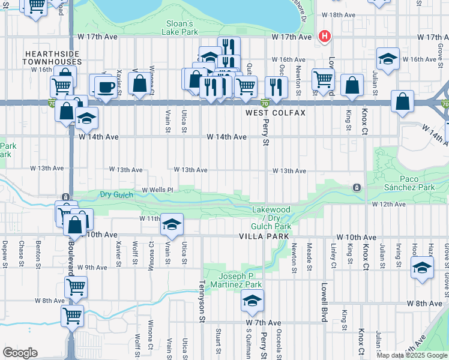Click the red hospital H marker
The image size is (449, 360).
point(325,37)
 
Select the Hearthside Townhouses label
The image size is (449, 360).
point(52,58)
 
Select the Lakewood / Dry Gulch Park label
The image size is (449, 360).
point(271,218)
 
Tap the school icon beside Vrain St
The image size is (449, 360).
point(172,225)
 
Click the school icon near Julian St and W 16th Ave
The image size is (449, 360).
point(388,59)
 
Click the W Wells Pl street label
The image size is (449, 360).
point(157,190)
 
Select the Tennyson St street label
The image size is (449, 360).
point(202,296)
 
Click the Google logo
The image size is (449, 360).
point(20,353)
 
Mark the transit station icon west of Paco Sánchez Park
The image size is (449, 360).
point(357,188)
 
